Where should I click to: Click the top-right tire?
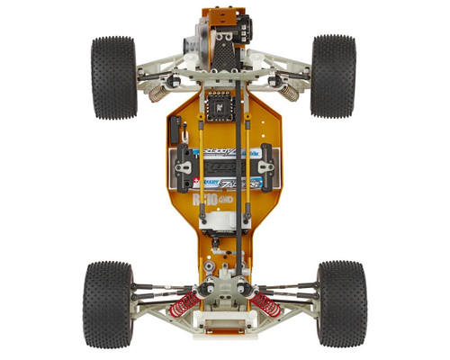tap(333, 76)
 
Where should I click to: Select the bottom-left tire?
tap(107, 303)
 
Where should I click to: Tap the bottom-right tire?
tap(341, 303)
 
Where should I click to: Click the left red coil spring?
tap(184, 303)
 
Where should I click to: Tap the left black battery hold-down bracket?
tap(185, 162)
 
